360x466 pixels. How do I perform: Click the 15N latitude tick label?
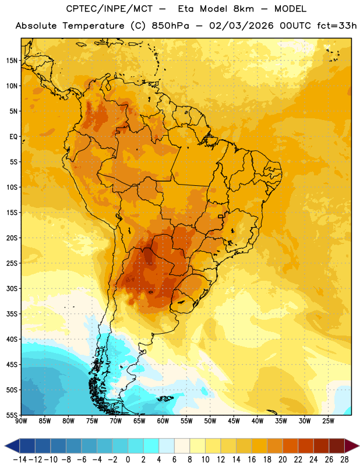(x=12, y=61)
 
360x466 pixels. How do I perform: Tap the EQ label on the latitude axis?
(x=13, y=137)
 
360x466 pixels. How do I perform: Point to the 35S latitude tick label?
(x=12, y=314)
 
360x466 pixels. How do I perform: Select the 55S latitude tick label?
(x=12, y=415)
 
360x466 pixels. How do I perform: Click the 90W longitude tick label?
(x=21, y=421)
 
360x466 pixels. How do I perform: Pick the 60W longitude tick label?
(x=163, y=421)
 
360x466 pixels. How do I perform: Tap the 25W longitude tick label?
(x=328, y=421)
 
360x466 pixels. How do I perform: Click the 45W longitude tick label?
(x=234, y=421)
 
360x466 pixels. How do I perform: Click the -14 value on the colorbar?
(x=20, y=460)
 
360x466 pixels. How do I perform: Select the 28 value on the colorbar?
(x=344, y=460)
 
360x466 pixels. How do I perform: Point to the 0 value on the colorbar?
(x=128, y=460)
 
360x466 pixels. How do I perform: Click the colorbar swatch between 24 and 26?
(x=321, y=446)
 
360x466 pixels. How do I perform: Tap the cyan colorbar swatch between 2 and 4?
(x=151, y=446)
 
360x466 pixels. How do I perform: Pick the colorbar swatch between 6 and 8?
(x=182, y=446)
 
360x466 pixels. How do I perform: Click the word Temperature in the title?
(x=93, y=26)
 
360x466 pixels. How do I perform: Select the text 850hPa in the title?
(x=170, y=26)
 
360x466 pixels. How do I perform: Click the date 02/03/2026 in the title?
(x=241, y=26)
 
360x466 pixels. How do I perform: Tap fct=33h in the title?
(x=337, y=26)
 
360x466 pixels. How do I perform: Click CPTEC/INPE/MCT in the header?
(x=110, y=9)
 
